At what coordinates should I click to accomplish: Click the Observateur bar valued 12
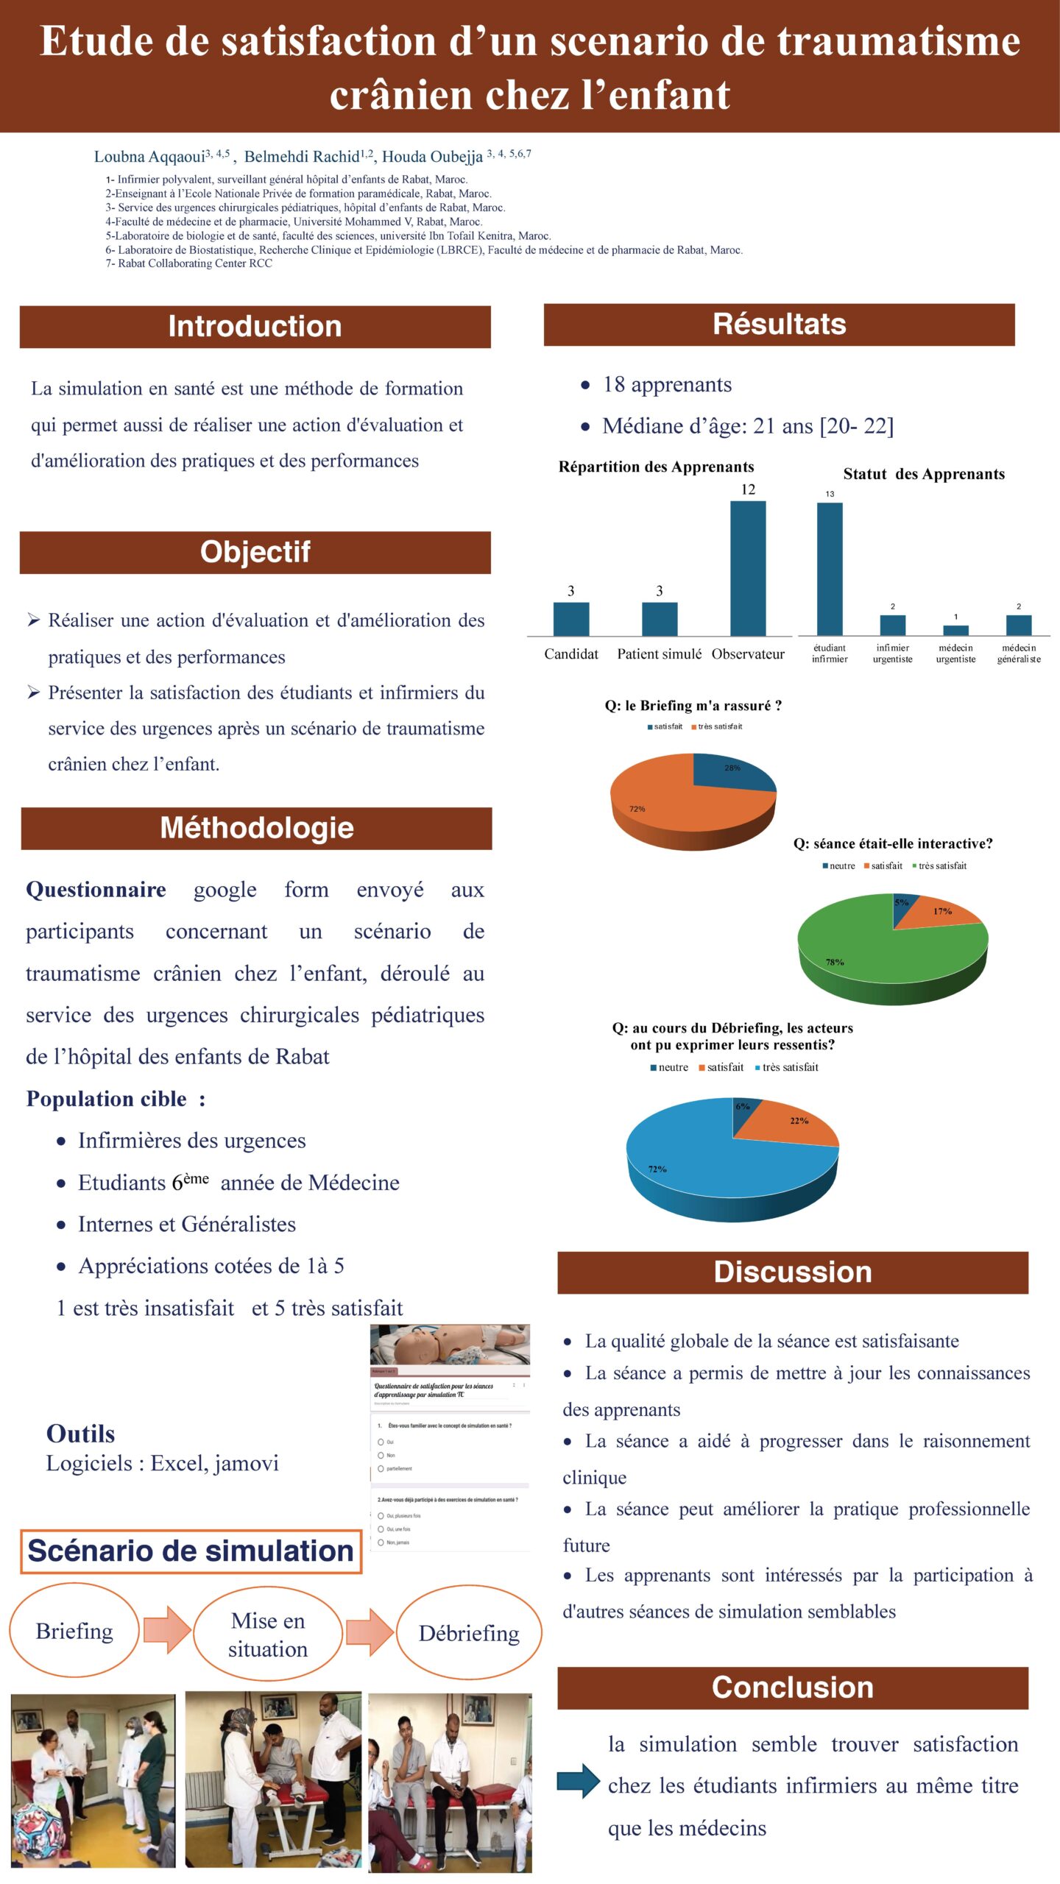pyautogui.click(x=747, y=568)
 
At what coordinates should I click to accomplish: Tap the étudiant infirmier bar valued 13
pyautogui.click(x=830, y=568)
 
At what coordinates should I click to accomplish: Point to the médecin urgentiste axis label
pyautogui.click(x=955, y=654)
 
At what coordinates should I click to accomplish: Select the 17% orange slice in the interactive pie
pyautogui.click(x=939, y=913)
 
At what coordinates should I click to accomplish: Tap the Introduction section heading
pyautogui.click(x=255, y=326)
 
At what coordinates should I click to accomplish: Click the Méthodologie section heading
pyautogui.click(x=256, y=828)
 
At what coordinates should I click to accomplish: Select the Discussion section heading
pyautogui.click(x=792, y=1272)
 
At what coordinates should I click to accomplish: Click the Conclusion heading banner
pyautogui.click(x=792, y=1687)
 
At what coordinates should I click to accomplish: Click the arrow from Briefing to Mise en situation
pyautogui.click(x=167, y=1629)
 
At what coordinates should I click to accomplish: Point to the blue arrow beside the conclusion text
pyautogui.click(x=579, y=1780)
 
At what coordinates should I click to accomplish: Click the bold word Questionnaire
pyautogui.click(x=96, y=890)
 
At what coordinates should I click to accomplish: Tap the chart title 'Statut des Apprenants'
pyautogui.click(x=923, y=474)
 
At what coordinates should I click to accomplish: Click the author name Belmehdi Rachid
pyautogui.click(x=302, y=157)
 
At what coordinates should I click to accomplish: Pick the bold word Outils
pyautogui.click(x=81, y=1434)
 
